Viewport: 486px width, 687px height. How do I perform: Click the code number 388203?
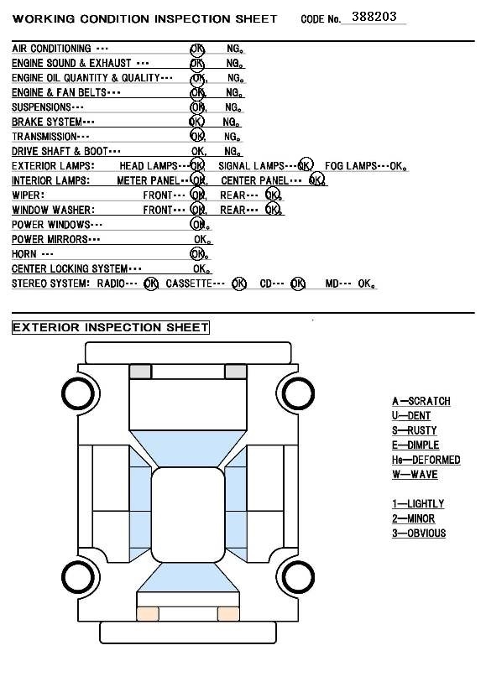pyautogui.click(x=374, y=17)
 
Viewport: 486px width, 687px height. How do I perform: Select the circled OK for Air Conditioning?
pyautogui.click(x=197, y=49)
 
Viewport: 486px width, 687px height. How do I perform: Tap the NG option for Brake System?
pyautogui.click(x=231, y=122)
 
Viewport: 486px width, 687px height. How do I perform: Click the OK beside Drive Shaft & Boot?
pyautogui.click(x=199, y=151)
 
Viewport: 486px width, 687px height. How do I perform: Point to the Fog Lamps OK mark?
pyautogui.click(x=398, y=166)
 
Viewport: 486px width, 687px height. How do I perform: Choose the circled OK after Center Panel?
pyautogui.click(x=316, y=180)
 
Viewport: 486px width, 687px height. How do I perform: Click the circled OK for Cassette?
pyautogui.click(x=239, y=284)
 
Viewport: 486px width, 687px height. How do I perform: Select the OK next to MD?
pyautogui.click(x=366, y=284)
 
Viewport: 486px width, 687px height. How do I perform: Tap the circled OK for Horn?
pyautogui.click(x=197, y=253)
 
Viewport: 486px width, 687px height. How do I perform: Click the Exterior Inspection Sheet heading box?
pyautogui.click(x=111, y=327)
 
